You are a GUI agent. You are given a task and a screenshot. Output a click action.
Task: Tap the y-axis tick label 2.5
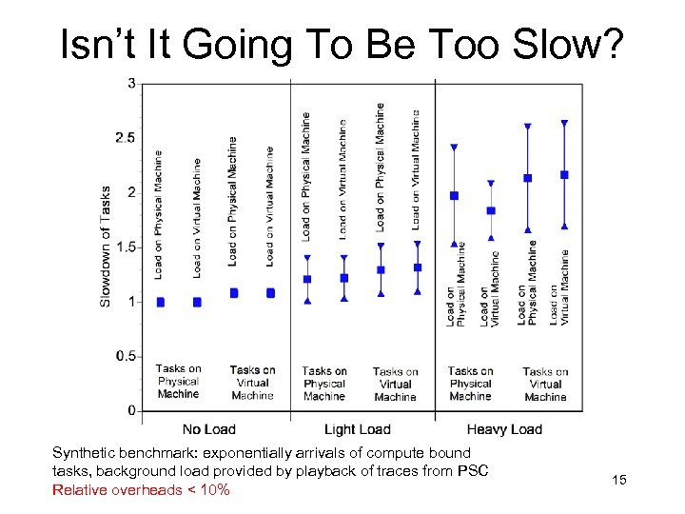tap(125, 138)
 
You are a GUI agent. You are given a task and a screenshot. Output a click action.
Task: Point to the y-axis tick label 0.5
tap(125, 356)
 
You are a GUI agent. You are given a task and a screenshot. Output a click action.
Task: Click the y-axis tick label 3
tap(130, 84)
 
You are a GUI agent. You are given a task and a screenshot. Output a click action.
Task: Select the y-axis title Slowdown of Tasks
tap(106, 246)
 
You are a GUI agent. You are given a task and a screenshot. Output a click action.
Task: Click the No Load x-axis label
tap(208, 429)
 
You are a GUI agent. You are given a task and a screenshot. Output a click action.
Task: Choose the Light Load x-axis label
tap(358, 429)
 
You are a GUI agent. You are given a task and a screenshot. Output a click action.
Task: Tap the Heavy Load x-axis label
tap(504, 429)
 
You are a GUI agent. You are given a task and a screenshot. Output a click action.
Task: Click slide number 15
tap(619, 479)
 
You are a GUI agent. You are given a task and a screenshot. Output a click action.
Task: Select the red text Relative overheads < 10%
tap(141, 490)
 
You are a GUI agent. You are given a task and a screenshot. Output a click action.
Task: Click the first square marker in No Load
tap(160, 302)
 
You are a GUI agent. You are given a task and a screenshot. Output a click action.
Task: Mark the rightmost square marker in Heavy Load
tap(564, 175)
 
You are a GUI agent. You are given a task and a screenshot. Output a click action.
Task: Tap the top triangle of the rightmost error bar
tap(564, 124)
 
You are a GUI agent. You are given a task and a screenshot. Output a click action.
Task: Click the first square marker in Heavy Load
tap(454, 196)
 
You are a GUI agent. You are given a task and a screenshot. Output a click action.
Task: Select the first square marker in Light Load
tap(306, 280)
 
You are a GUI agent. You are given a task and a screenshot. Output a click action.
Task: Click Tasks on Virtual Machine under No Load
tap(252, 383)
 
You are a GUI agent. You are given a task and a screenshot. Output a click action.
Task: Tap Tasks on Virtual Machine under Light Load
tap(395, 385)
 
